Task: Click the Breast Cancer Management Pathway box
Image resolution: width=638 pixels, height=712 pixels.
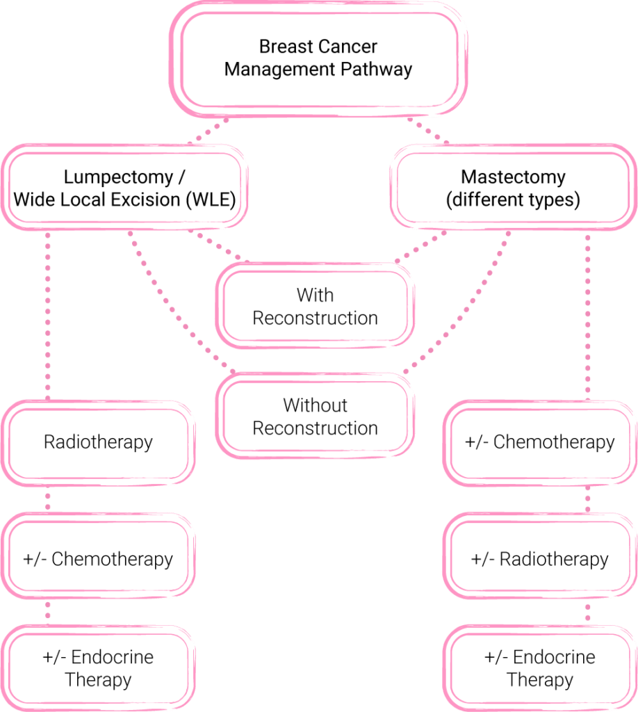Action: point(318,58)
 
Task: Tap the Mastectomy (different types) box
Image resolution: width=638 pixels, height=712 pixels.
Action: point(514,188)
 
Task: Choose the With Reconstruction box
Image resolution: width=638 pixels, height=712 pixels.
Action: point(315,307)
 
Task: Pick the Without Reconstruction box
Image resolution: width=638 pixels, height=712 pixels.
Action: point(315,416)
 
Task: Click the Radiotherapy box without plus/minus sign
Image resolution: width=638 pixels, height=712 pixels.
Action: point(97,442)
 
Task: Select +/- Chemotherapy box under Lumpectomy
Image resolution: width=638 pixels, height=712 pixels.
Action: point(97,559)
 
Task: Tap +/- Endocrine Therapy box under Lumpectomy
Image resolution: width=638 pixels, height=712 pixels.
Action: point(97,668)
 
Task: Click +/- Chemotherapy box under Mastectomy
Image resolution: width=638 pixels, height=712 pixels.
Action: point(540,442)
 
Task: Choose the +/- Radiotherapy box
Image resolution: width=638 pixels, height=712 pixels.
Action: point(540,559)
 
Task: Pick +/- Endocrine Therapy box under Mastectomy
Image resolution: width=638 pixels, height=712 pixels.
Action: point(540,668)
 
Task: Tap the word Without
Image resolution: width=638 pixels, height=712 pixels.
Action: point(315,405)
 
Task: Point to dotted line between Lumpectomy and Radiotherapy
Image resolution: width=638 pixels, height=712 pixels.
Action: point(48,313)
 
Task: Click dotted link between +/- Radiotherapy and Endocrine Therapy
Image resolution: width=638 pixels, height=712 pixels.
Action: point(588,612)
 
